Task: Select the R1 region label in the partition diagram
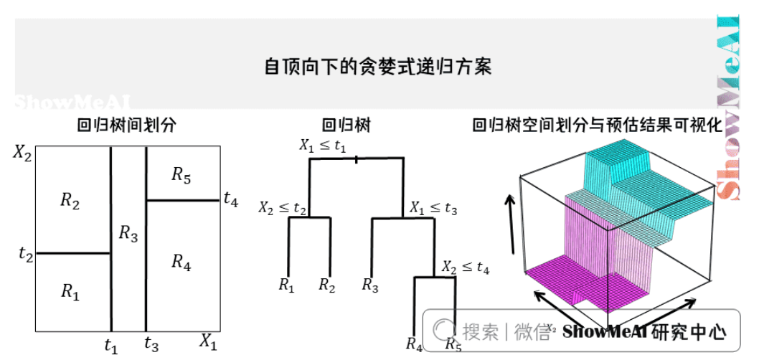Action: click(x=69, y=290)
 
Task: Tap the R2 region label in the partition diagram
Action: click(x=70, y=202)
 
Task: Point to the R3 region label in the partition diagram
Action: click(x=128, y=233)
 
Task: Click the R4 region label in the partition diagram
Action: click(x=181, y=262)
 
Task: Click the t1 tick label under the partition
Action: click(x=110, y=346)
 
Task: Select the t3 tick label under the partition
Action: click(x=151, y=344)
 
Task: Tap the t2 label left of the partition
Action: click(x=26, y=253)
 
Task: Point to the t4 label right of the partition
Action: click(x=230, y=199)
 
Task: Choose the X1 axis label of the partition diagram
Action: click(x=208, y=341)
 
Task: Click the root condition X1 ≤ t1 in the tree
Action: click(x=323, y=146)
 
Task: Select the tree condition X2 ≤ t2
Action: click(x=283, y=208)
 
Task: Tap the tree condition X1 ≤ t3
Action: click(x=433, y=208)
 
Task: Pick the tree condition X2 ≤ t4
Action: click(x=466, y=268)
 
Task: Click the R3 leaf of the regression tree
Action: click(x=370, y=285)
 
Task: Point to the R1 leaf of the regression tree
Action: click(x=286, y=285)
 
